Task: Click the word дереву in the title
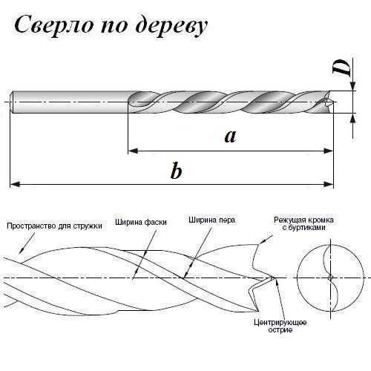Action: click(x=171, y=26)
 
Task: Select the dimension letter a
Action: click(x=230, y=137)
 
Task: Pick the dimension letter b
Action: click(x=176, y=171)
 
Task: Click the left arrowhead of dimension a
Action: click(x=133, y=151)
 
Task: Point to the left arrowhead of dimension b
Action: click(x=15, y=184)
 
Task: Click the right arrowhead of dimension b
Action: click(x=329, y=184)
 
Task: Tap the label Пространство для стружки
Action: click(x=54, y=226)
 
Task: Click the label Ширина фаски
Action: click(x=141, y=222)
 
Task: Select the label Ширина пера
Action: click(x=211, y=220)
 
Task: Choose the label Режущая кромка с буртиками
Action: click(x=303, y=223)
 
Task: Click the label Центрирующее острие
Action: click(x=280, y=326)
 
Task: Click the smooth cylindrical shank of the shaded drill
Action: click(x=69, y=102)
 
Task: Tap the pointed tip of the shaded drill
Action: click(x=335, y=102)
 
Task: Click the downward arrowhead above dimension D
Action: click(x=353, y=86)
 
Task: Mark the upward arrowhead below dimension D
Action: click(x=353, y=118)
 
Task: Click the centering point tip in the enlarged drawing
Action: click(x=274, y=278)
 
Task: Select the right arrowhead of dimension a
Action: click(x=329, y=151)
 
